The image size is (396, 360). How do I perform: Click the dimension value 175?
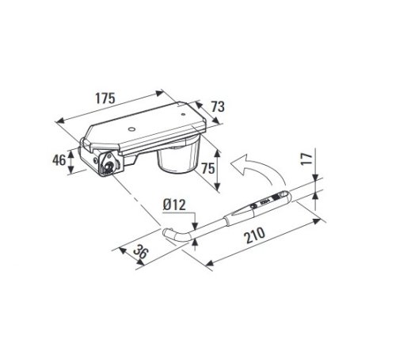pyautogui.click(x=105, y=99)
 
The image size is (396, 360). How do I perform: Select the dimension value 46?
pyautogui.click(x=58, y=159)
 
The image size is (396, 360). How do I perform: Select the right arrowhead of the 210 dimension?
pyautogui.click(x=321, y=209)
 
